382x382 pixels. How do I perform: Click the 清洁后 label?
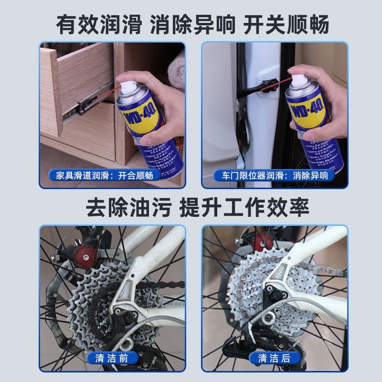click(273, 358)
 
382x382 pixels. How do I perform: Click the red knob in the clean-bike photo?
click(260, 242)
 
